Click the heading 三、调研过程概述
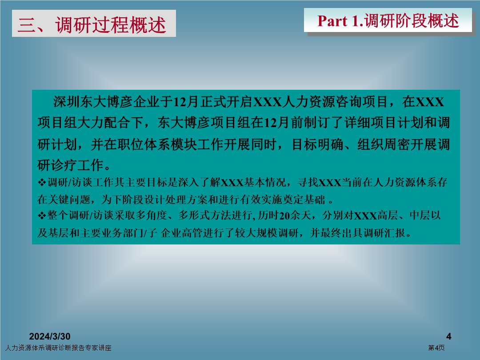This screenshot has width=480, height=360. [92, 24]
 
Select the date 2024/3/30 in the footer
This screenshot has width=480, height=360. [50, 336]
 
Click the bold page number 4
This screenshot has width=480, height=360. [449, 336]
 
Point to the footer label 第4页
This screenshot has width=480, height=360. [436, 348]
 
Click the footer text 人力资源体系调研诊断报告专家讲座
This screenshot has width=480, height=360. [58, 348]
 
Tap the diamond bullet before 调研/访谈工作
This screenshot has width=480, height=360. [42, 183]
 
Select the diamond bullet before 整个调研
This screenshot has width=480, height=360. [42, 216]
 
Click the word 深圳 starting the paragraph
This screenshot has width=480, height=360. [66, 102]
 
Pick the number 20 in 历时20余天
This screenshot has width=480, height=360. [284, 216]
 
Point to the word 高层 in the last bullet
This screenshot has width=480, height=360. [388, 216]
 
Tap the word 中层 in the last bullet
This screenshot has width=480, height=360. [420, 216]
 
